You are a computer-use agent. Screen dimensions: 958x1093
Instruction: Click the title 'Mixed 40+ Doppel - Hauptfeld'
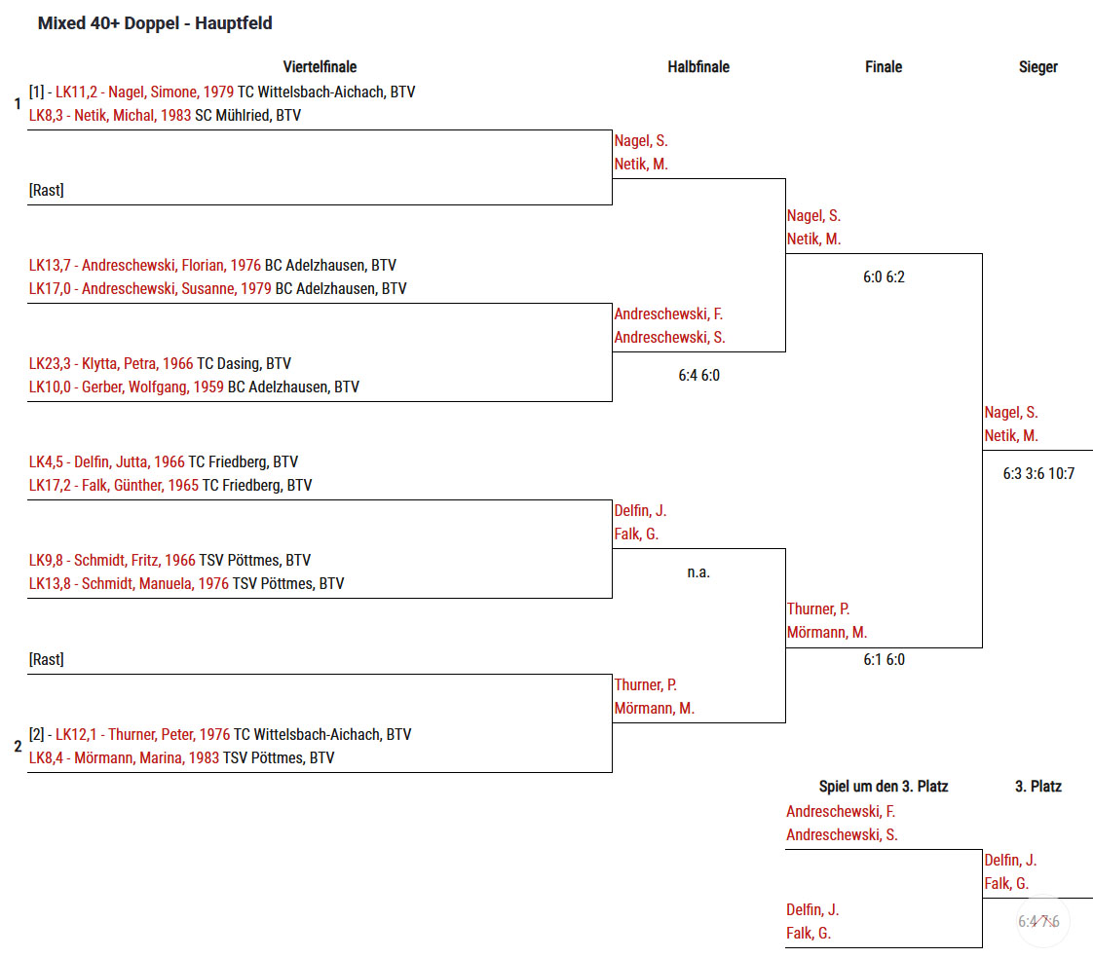coord(155,23)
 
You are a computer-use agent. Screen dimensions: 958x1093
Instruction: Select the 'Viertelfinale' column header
coord(320,67)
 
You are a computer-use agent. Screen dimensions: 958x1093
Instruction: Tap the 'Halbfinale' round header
coord(697,67)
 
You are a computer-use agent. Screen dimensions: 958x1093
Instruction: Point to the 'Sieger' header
coord(1037,67)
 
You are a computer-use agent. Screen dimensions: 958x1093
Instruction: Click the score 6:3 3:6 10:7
coord(1038,474)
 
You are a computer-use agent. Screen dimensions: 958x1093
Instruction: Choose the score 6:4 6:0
coord(698,375)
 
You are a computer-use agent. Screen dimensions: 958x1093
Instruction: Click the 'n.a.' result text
coord(698,572)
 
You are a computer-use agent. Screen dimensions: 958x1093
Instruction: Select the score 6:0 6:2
coord(884,277)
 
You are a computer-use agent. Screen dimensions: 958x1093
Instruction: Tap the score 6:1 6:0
coord(884,660)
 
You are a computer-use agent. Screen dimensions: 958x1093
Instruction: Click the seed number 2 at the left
coord(18,748)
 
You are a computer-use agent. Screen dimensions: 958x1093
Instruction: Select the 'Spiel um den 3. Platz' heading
coord(883,787)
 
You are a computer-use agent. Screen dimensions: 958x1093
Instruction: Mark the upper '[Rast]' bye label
coord(47,191)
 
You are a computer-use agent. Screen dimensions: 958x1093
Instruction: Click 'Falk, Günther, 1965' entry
coord(136,486)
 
